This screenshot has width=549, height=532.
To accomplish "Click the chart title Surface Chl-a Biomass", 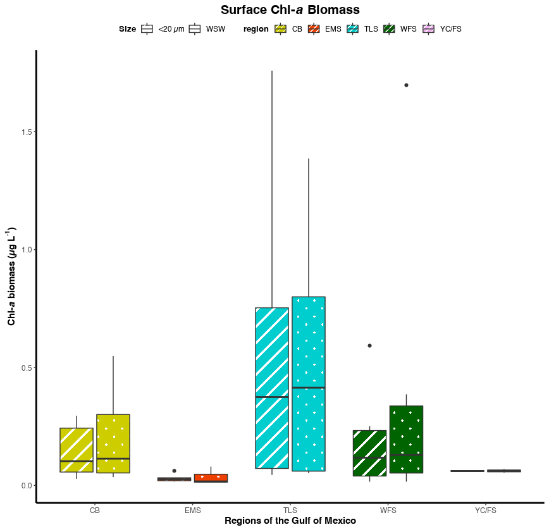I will [290, 10].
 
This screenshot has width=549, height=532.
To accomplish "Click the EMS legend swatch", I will [314, 28].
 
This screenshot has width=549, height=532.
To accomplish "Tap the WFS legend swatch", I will [389, 28].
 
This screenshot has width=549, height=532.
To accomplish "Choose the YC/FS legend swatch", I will [429, 28].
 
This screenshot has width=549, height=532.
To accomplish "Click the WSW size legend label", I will [216, 29].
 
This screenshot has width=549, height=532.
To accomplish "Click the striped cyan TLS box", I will [272, 388].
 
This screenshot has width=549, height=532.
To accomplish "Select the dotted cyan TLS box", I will [309, 383].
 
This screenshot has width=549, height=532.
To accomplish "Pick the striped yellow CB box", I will [77, 450].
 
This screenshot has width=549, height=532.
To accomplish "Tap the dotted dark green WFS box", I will [406, 439].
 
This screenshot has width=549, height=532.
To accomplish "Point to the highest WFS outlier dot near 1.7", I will [406, 85].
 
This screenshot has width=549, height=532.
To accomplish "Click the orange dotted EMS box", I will [211, 478].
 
